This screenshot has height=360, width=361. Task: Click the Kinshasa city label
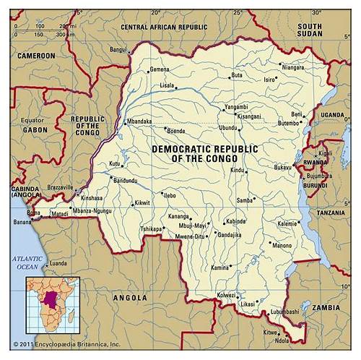[92, 197]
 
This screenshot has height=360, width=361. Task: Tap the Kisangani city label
[248, 116]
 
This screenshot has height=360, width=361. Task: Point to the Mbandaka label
[139, 121]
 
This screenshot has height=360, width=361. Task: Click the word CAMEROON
[36, 56]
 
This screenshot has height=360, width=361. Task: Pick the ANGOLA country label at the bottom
[131, 297]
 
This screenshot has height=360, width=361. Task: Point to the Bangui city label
[118, 49]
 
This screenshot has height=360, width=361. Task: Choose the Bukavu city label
[282, 167]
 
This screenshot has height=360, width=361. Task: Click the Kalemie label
[287, 223]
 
